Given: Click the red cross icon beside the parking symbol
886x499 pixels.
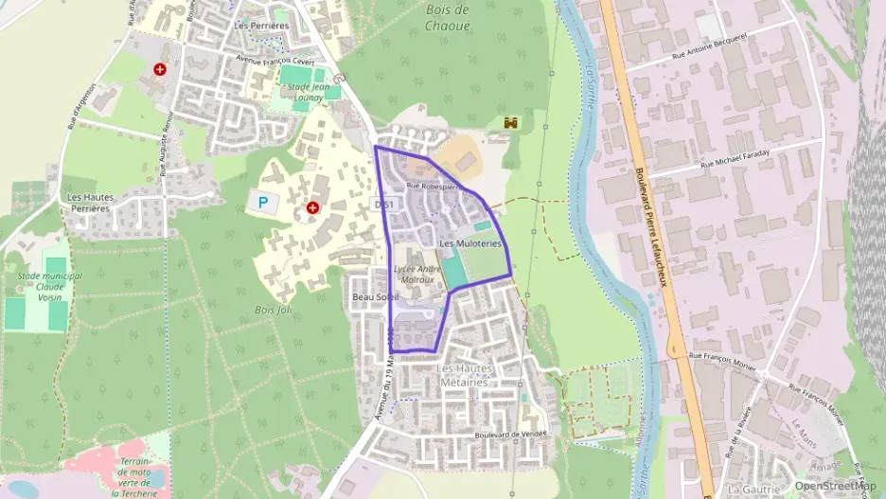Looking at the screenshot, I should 312,206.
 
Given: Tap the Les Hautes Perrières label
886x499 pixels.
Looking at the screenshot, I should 91,202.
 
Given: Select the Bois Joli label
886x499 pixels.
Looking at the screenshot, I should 273,310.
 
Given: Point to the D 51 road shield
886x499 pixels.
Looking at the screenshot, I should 383,204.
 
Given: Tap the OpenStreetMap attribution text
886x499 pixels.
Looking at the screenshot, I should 834,486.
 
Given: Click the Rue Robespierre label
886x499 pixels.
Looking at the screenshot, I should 432,187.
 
